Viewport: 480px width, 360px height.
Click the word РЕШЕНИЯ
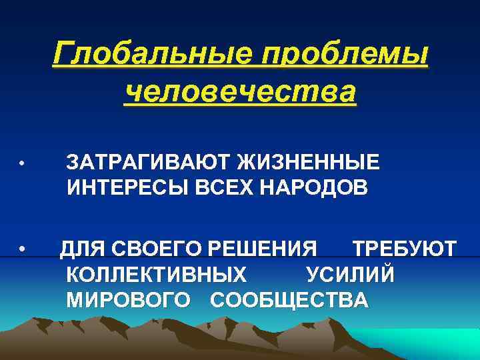coord(263,249)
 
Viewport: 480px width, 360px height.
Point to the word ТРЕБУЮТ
coord(404,249)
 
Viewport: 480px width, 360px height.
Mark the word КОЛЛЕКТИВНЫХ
coord(156,274)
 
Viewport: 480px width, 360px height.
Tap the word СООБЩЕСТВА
coord(289,299)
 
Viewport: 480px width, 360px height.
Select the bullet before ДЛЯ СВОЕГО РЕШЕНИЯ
coord(22,251)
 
